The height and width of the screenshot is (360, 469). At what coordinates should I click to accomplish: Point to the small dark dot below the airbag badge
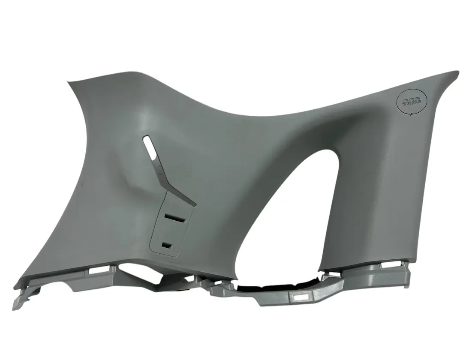[x=412, y=114]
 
